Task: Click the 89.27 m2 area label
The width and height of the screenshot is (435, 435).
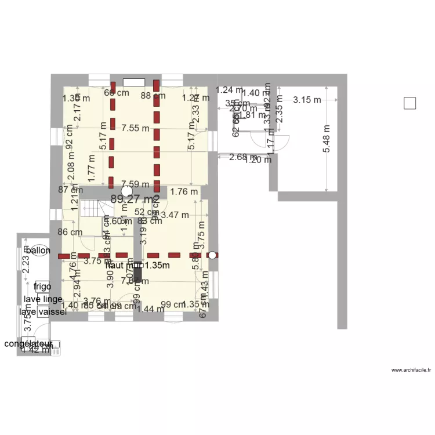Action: pos(133,199)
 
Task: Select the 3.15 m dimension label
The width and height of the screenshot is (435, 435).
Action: pos(307,100)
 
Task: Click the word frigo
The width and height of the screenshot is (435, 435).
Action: pos(42,287)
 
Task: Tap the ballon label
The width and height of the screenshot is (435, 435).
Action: pos(38,251)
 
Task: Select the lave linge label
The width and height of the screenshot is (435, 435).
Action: pos(43,299)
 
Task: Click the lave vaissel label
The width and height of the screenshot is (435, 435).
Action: pos(42,312)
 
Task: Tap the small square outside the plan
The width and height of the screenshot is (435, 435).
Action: pos(409,104)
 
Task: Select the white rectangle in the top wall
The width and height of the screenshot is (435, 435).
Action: pos(133,83)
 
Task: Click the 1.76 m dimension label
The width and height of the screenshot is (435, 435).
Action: pos(184,192)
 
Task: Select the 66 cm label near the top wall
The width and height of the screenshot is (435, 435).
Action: pos(116,93)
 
